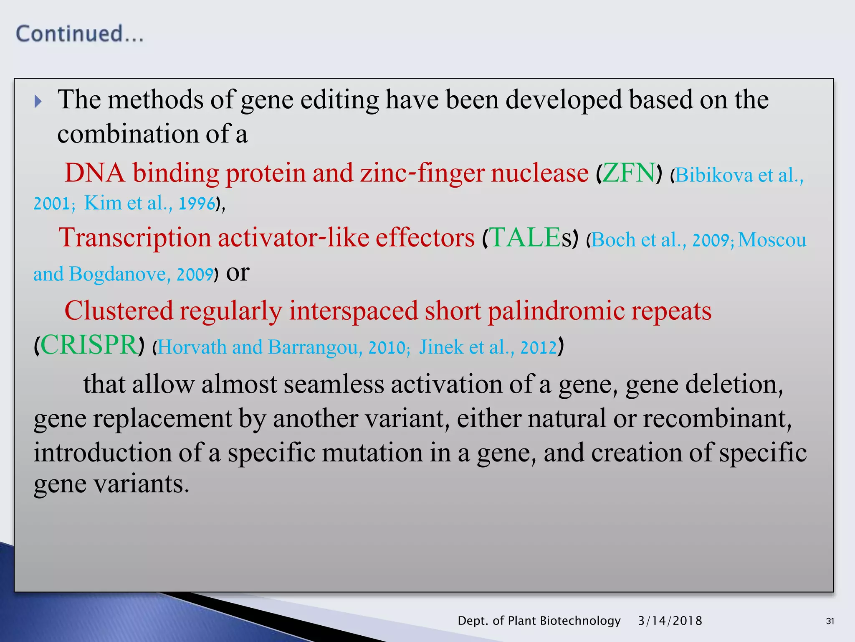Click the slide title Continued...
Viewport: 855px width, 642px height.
79,34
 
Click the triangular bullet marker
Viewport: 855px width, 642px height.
38,101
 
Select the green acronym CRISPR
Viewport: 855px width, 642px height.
89,345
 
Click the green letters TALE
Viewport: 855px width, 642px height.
525,238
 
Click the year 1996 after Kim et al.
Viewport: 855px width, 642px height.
197,204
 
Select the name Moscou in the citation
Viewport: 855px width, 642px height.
772,240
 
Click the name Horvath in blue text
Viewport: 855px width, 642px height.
192,347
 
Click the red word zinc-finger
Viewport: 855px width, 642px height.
422,173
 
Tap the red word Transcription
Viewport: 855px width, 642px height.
135,238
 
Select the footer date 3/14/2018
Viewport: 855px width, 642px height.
670,621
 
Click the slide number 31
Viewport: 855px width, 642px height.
830,621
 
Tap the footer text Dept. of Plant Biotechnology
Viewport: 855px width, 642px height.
539,621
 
